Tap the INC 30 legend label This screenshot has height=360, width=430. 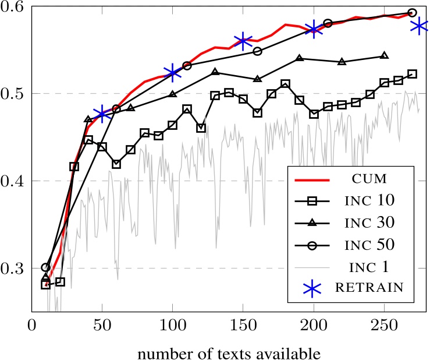pos(372,223)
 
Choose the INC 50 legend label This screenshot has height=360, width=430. pos(372,245)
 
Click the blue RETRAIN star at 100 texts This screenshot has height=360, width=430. pos(173,72)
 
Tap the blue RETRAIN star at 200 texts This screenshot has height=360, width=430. pos(314,29)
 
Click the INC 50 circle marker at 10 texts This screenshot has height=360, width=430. pos(46,267)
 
